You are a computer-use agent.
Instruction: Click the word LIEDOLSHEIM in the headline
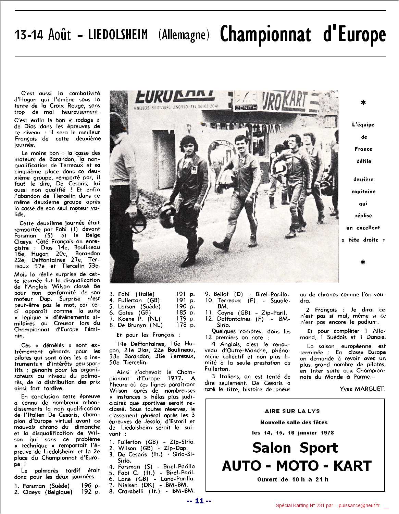click(x=118, y=35)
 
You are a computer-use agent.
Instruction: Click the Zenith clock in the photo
click(x=246, y=100)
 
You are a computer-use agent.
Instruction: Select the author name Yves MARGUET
click(x=362, y=389)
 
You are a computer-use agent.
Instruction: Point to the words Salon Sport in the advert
click(x=295, y=448)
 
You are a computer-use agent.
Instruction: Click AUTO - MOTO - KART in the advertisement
click(x=297, y=466)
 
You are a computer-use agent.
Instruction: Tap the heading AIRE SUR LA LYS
click(x=292, y=411)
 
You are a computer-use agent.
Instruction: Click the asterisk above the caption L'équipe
click(x=363, y=102)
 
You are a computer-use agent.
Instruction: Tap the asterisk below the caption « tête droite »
click(x=363, y=262)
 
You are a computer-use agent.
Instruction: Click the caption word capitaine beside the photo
click(x=363, y=192)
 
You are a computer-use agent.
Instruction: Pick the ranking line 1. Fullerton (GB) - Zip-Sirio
click(x=152, y=442)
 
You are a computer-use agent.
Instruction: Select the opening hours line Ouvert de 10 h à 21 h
click(x=292, y=479)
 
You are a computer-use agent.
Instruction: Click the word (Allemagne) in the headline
click(x=184, y=35)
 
